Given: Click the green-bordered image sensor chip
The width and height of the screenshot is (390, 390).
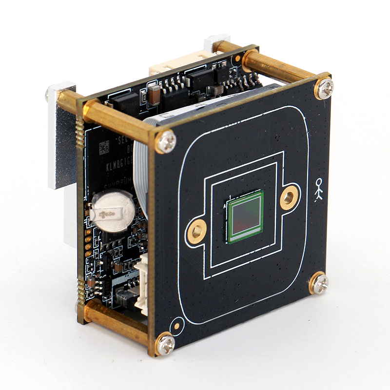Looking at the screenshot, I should (x=245, y=217).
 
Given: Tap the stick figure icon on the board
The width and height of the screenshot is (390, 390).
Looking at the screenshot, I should (x=319, y=190).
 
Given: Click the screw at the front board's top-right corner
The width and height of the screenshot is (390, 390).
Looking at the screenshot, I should (x=323, y=88).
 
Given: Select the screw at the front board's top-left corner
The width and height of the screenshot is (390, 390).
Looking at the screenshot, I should (x=165, y=142).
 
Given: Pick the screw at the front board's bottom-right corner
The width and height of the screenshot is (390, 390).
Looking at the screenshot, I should (x=319, y=284).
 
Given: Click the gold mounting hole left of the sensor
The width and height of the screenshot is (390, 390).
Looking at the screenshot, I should (x=196, y=231).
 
